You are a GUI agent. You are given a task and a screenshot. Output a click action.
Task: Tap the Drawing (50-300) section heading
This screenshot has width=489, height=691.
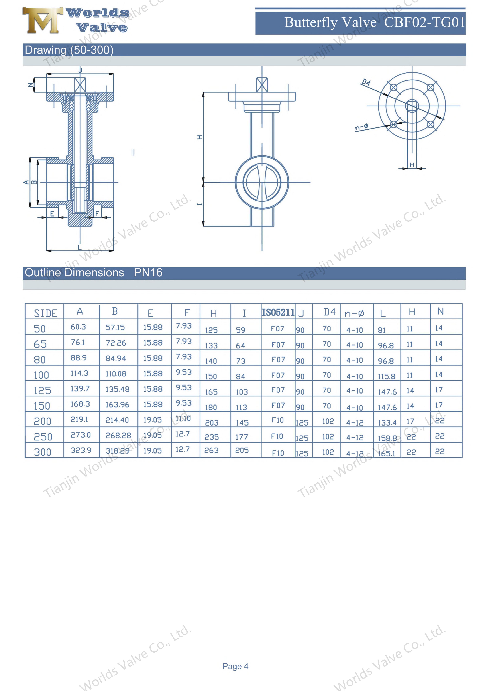click(x=69, y=50)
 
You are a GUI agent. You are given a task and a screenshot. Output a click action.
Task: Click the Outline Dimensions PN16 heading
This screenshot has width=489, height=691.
click(x=93, y=273)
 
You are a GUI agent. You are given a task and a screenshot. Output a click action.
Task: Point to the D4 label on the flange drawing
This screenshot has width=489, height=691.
click(x=366, y=82)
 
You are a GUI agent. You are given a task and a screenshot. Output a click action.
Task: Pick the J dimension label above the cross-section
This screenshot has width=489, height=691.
click(x=80, y=70)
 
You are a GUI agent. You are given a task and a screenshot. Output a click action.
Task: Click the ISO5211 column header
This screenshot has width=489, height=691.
click(x=278, y=312)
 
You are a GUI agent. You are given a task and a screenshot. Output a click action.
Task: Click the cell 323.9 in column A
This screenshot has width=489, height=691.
click(x=81, y=450)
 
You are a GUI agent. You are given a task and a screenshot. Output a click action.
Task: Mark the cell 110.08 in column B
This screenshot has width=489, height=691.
click(x=116, y=374)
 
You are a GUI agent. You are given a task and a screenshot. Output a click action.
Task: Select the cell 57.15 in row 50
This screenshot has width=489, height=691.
click(x=115, y=327)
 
